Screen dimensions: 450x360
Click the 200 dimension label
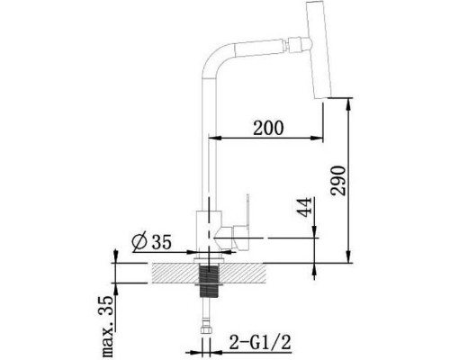point(268,128)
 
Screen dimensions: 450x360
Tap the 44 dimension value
point(304,207)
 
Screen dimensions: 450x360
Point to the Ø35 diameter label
point(151,241)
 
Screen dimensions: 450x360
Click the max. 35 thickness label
point(106,326)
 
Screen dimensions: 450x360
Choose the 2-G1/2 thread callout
point(260,342)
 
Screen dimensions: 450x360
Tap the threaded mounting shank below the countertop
point(209,281)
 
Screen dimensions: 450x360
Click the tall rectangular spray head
point(319,49)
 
